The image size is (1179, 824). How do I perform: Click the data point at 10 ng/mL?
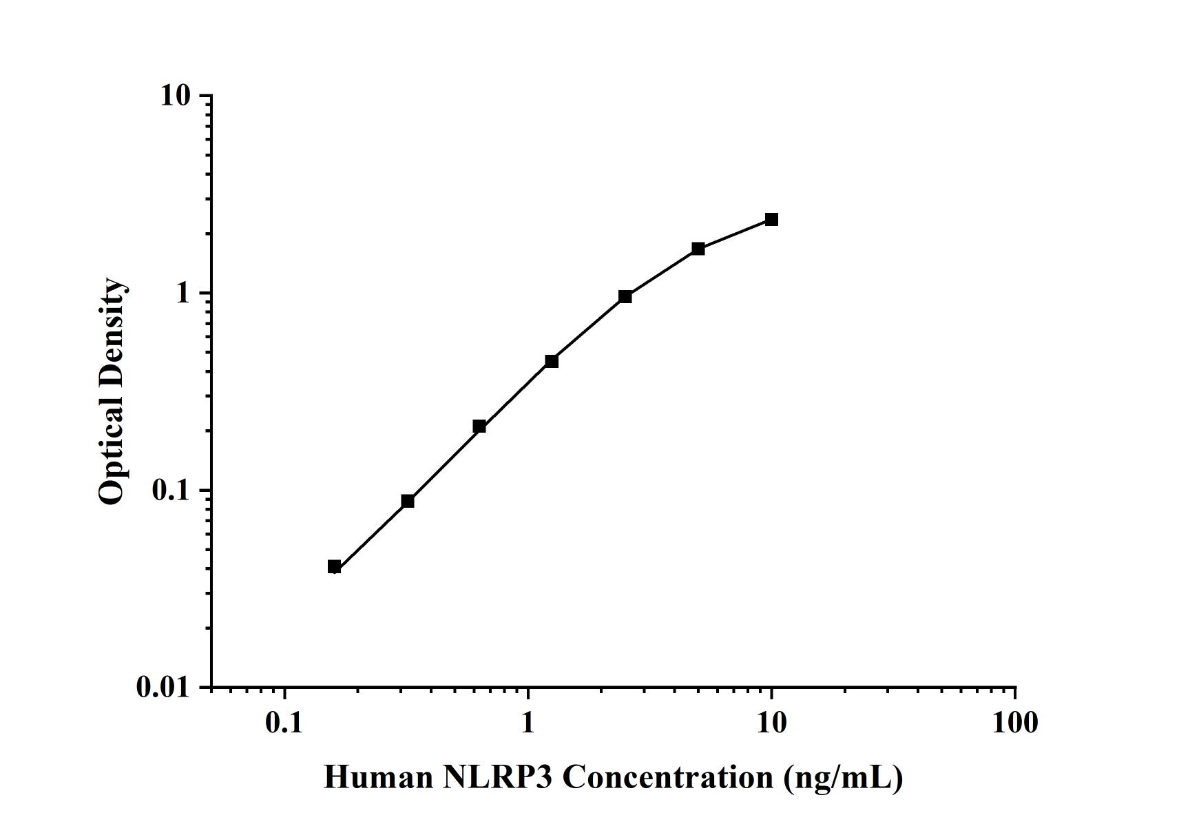pyautogui.click(x=771, y=220)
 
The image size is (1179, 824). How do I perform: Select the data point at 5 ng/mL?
pyautogui.click(x=698, y=249)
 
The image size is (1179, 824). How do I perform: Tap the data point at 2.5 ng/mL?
pyautogui.click(x=625, y=297)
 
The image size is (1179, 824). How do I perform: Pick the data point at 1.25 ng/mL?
pyautogui.click(x=552, y=361)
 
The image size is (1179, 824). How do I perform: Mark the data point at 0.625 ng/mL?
pyautogui.click(x=479, y=426)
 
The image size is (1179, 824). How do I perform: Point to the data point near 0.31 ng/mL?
pyautogui.click(x=408, y=501)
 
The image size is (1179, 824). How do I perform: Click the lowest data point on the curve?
pyautogui.click(x=335, y=567)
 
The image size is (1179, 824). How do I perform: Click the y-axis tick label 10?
pyautogui.click(x=176, y=96)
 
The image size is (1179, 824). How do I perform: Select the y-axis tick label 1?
pyautogui.click(x=182, y=293)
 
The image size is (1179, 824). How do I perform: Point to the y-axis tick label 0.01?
pyautogui.click(x=163, y=688)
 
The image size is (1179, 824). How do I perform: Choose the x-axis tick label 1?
pyautogui.click(x=528, y=723)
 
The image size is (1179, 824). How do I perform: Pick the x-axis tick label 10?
pyautogui.click(x=771, y=723)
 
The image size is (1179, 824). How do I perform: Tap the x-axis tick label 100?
pyautogui.click(x=1015, y=723)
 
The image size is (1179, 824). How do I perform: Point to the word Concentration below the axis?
pyautogui.click(x=667, y=778)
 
